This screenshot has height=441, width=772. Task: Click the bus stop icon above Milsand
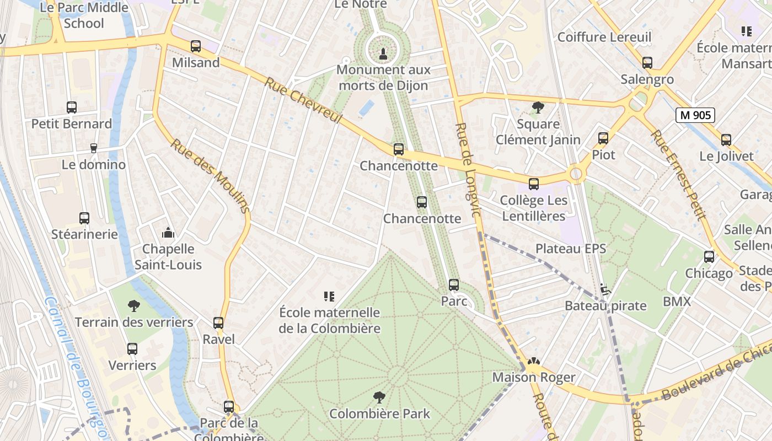point(196,46)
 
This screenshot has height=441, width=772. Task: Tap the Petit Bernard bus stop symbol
point(72,107)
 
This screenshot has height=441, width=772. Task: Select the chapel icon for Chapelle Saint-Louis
point(168,233)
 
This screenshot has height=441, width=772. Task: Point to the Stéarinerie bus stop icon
point(84,218)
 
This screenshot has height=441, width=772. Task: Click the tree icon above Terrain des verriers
point(133,306)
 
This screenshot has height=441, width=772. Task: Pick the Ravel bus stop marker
point(218,323)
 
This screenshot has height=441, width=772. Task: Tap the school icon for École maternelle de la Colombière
point(329,297)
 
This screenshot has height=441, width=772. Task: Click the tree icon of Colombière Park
point(379,397)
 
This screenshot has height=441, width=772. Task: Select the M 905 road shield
point(695,115)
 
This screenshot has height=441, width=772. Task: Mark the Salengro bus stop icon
point(647,63)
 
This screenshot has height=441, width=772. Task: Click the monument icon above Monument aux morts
point(383,53)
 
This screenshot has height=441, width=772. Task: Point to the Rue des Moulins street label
point(210,176)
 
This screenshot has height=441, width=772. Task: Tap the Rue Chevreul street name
point(304,101)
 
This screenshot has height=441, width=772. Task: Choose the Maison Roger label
point(534,378)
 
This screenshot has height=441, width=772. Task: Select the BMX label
point(677,302)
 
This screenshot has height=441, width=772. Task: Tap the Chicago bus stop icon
point(709,257)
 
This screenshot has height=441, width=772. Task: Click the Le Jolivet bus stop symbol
point(726,140)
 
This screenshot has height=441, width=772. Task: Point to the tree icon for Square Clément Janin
point(538,107)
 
